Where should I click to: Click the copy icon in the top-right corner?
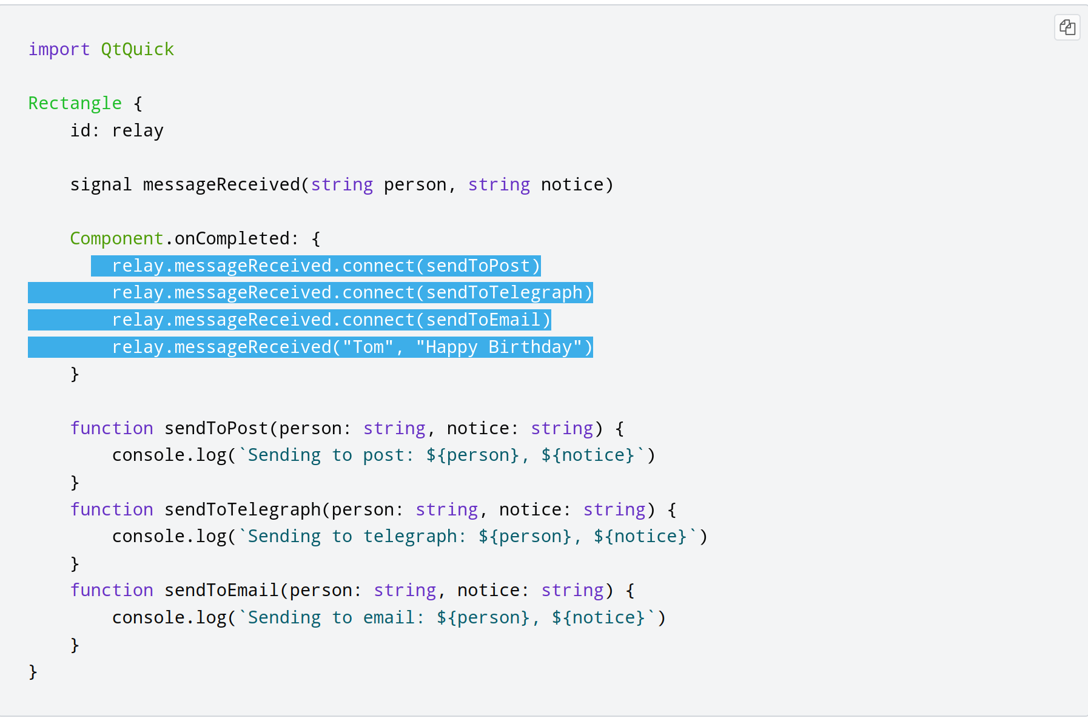click(1067, 27)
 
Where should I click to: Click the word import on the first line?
click(59, 49)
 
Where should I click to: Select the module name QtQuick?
click(138, 49)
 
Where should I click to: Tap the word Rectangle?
click(75, 103)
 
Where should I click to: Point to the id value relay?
click(138, 130)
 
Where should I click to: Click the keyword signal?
click(101, 184)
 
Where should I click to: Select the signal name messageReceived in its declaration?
click(221, 184)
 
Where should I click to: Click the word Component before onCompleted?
click(116, 238)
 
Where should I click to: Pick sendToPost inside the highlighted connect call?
click(478, 266)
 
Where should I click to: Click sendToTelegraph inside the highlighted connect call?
click(504, 293)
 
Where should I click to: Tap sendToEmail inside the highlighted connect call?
click(483, 320)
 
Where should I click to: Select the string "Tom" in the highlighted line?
click(368, 347)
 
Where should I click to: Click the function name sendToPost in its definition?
click(216, 428)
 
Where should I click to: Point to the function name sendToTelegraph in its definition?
click(242, 509)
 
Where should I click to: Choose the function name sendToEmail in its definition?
click(221, 590)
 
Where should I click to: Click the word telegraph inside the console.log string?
click(410, 536)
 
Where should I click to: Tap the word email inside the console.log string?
click(389, 617)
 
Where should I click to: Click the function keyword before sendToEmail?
click(112, 590)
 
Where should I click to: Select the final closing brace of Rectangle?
click(33, 672)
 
